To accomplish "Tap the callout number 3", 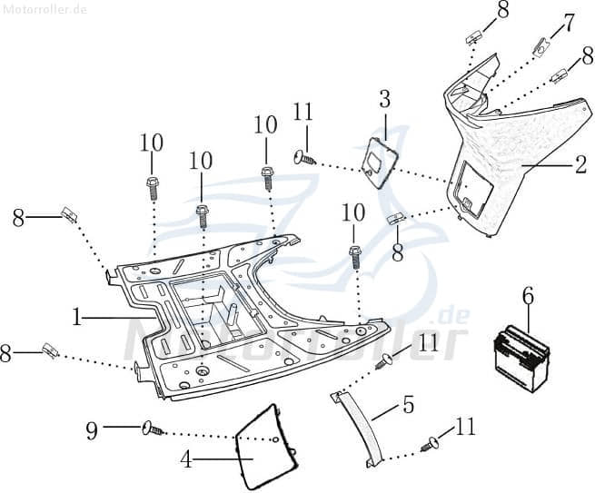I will [x=385, y=99].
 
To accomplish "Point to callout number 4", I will [x=186, y=459].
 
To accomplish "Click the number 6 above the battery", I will [x=528, y=296].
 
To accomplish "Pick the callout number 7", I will [x=569, y=22].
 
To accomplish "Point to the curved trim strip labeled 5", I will [x=354, y=427].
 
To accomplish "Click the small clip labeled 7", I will [x=542, y=46].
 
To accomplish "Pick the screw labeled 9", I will [x=152, y=427].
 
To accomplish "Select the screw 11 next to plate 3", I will [x=304, y=159].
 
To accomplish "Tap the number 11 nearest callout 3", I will [x=303, y=113].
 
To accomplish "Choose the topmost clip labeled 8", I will [x=475, y=37].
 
